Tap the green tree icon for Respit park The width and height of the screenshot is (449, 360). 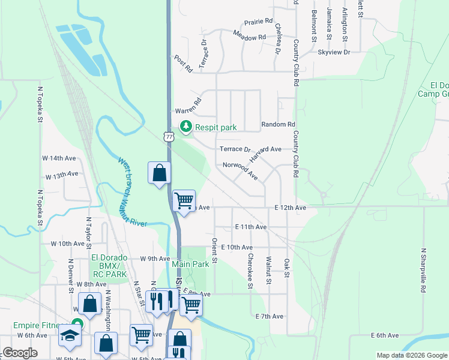[186, 127]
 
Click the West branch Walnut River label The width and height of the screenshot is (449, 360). [132, 192]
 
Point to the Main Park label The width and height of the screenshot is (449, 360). [190, 264]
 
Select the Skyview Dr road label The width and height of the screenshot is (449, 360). [334, 53]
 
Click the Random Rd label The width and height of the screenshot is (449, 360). [279, 125]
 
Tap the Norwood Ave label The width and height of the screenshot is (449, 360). [240, 170]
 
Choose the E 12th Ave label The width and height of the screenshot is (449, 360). [291, 208]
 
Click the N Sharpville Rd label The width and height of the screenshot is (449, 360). [423, 270]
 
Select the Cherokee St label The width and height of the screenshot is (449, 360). [250, 270]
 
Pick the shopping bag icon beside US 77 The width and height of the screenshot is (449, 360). [160, 173]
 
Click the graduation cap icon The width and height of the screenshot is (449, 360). [70, 336]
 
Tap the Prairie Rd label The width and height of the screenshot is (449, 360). [259, 22]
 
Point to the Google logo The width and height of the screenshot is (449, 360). [20, 353]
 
